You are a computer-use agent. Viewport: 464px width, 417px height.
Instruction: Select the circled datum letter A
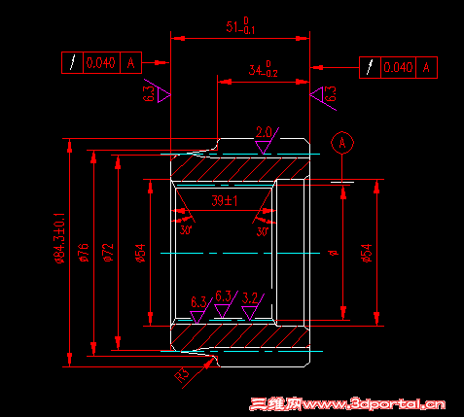pyautogui.click(x=341, y=143)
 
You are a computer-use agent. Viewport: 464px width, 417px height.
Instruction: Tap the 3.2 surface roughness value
pyautogui.click(x=250, y=298)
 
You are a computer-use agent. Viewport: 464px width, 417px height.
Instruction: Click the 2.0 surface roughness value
pyautogui.click(x=264, y=132)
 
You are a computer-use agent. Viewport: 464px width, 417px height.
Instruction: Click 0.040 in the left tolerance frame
pyautogui.click(x=100, y=63)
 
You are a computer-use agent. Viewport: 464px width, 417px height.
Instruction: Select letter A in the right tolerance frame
pyautogui.click(x=426, y=67)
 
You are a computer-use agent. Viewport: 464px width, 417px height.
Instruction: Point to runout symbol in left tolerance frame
pyautogui.click(x=72, y=63)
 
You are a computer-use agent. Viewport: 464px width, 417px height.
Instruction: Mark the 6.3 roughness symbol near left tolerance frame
pyautogui.click(x=157, y=93)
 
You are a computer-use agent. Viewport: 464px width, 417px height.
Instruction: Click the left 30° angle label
pyautogui.click(x=186, y=230)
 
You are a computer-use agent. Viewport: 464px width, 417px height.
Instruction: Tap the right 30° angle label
pyautogui.click(x=262, y=231)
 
